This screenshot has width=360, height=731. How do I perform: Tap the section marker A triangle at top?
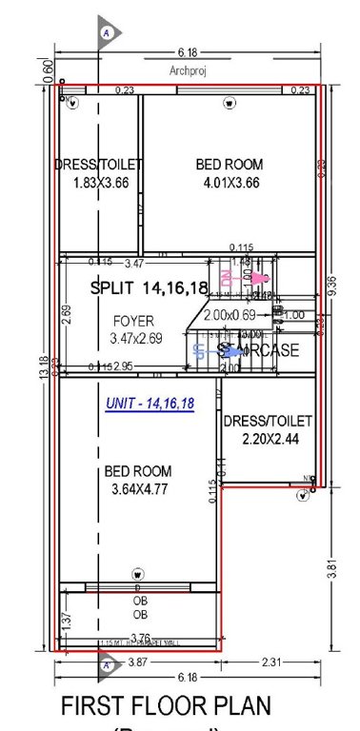[x=108, y=33]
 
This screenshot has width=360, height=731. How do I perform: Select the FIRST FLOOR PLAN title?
[x=166, y=706]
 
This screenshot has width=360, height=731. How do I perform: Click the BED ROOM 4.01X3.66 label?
[x=230, y=173]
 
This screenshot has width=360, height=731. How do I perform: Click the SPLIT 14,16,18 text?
[x=149, y=287]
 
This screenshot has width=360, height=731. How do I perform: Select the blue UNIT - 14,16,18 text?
[x=149, y=405]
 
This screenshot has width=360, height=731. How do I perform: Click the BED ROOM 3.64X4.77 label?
[x=138, y=480]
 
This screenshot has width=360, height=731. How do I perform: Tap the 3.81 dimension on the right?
[x=330, y=571]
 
